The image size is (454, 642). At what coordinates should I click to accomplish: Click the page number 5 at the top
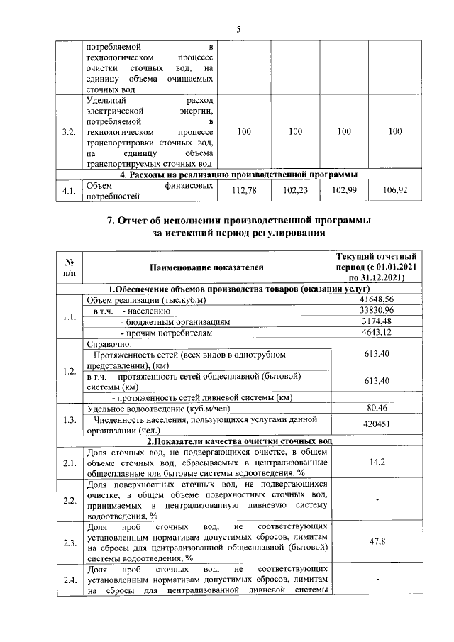point(238,29)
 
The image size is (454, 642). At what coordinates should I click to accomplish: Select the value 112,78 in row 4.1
point(244,190)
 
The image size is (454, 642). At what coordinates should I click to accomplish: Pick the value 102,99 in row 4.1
point(344,190)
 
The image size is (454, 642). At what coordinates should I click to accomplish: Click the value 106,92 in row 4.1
point(395,190)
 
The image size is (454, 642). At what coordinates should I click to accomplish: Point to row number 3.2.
point(69,131)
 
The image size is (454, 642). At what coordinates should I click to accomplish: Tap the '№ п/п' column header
point(69,267)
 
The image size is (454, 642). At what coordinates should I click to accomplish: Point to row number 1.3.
point(69,419)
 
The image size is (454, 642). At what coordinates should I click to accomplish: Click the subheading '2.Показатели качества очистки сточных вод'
point(238,441)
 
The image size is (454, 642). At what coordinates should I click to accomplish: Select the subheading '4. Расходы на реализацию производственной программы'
point(238,174)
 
